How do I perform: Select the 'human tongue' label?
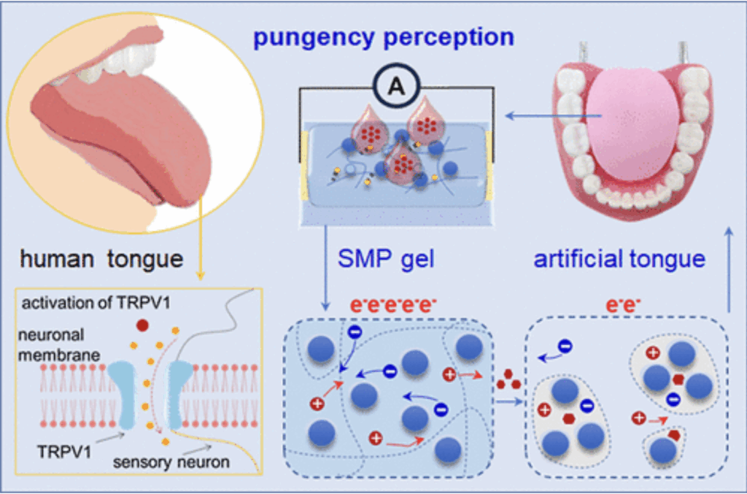click(102, 260)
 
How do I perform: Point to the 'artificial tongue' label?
click(619, 259)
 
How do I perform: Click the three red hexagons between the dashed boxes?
click(508, 379)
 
